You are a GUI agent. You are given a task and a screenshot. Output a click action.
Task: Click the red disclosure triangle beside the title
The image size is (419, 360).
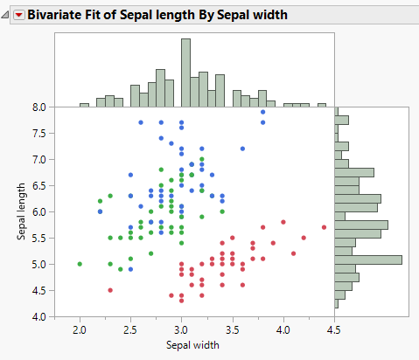(x=18, y=15)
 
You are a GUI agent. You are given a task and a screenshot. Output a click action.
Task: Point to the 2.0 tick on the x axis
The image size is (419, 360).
(x=80, y=329)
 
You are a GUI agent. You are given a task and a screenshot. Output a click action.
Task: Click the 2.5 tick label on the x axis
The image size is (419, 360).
(x=130, y=329)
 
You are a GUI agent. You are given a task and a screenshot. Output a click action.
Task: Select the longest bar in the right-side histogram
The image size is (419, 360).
(x=368, y=260)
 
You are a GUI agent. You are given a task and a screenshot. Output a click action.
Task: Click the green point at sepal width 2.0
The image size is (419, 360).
(x=80, y=264)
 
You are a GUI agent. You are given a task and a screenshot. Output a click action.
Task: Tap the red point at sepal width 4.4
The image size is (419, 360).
(x=324, y=227)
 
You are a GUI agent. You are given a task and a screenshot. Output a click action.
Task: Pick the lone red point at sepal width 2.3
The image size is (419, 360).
(x=110, y=290)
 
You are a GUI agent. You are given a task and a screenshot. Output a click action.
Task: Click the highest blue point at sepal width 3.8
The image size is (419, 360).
(x=263, y=112)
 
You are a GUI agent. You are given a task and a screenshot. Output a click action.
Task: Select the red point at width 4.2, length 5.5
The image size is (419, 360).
(x=304, y=238)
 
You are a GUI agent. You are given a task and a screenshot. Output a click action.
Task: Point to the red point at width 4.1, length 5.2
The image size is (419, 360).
(x=293, y=253)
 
